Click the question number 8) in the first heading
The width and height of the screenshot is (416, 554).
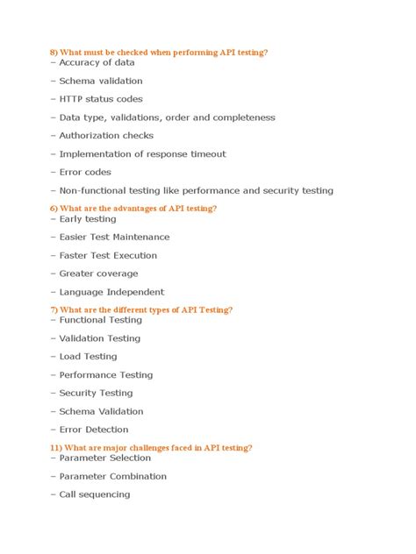54,53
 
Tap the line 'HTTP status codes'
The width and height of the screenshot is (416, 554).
101,99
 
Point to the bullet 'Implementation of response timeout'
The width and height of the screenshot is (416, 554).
142,154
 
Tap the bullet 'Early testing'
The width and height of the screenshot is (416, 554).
88,219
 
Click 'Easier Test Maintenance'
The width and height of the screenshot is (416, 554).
114,238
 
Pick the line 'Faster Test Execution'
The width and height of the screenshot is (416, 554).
108,256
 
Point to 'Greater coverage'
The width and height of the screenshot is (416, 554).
98,274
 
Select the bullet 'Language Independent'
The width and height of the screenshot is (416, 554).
111,293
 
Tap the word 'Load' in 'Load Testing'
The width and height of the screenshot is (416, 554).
70,357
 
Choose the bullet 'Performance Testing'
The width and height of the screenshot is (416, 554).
105,375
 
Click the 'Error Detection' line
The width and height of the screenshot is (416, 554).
93,430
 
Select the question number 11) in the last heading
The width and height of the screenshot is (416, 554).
56,448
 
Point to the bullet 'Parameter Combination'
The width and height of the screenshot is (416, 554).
112,477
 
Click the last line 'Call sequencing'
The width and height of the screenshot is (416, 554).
94,494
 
